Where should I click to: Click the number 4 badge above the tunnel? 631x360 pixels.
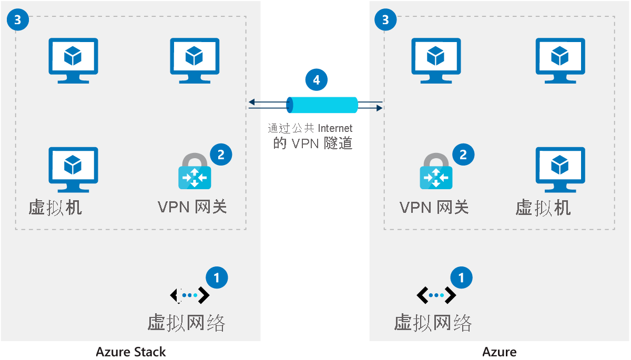(316, 80)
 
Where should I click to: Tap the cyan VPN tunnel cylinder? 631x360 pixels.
(322, 105)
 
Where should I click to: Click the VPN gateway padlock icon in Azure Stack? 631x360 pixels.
(195, 171)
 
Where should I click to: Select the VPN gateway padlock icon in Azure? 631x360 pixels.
(436, 171)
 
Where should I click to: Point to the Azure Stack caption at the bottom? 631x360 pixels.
(131, 352)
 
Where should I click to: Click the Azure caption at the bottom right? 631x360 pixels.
(499, 352)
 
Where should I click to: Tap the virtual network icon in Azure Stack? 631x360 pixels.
(190, 296)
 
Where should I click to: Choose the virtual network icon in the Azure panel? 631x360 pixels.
(436, 296)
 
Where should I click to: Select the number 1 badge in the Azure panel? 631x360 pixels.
(462, 277)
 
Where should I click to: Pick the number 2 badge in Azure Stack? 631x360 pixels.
(221, 155)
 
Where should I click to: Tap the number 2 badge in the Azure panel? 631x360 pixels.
(463, 155)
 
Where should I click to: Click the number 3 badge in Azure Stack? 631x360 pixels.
(18, 20)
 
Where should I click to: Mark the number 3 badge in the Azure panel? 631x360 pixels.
(385, 20)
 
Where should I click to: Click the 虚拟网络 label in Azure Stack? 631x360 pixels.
(186, 322)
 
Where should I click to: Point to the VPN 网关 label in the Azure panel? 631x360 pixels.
(434, 207)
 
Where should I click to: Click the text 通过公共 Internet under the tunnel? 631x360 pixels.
(310, 128)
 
